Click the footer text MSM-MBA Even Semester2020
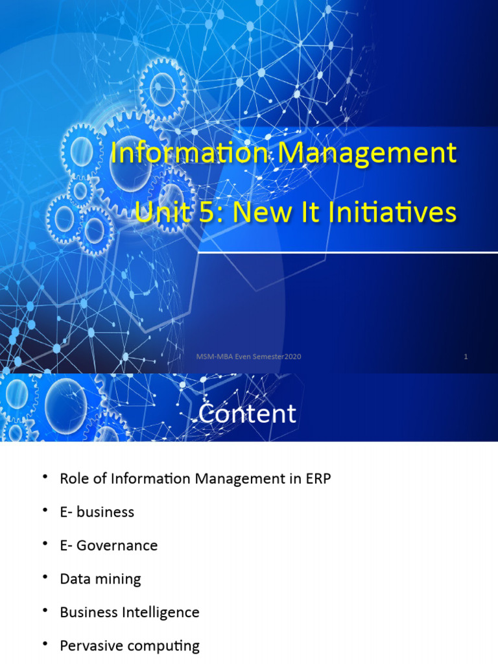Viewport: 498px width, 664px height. point(249,357)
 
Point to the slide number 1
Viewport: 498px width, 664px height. point(466,357)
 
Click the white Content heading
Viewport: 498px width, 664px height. point(247,414)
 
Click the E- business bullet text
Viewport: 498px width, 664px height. point(97,512)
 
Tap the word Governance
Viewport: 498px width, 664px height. point(117,545)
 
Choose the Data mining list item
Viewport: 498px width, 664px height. point(101,579)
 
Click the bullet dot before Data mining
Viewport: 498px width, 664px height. point(45,577)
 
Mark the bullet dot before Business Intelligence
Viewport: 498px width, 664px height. point(45,611)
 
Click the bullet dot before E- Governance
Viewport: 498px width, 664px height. point(45,543)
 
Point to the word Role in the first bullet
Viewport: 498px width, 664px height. point(73,479)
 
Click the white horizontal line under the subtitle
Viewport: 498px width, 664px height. point(347,253)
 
